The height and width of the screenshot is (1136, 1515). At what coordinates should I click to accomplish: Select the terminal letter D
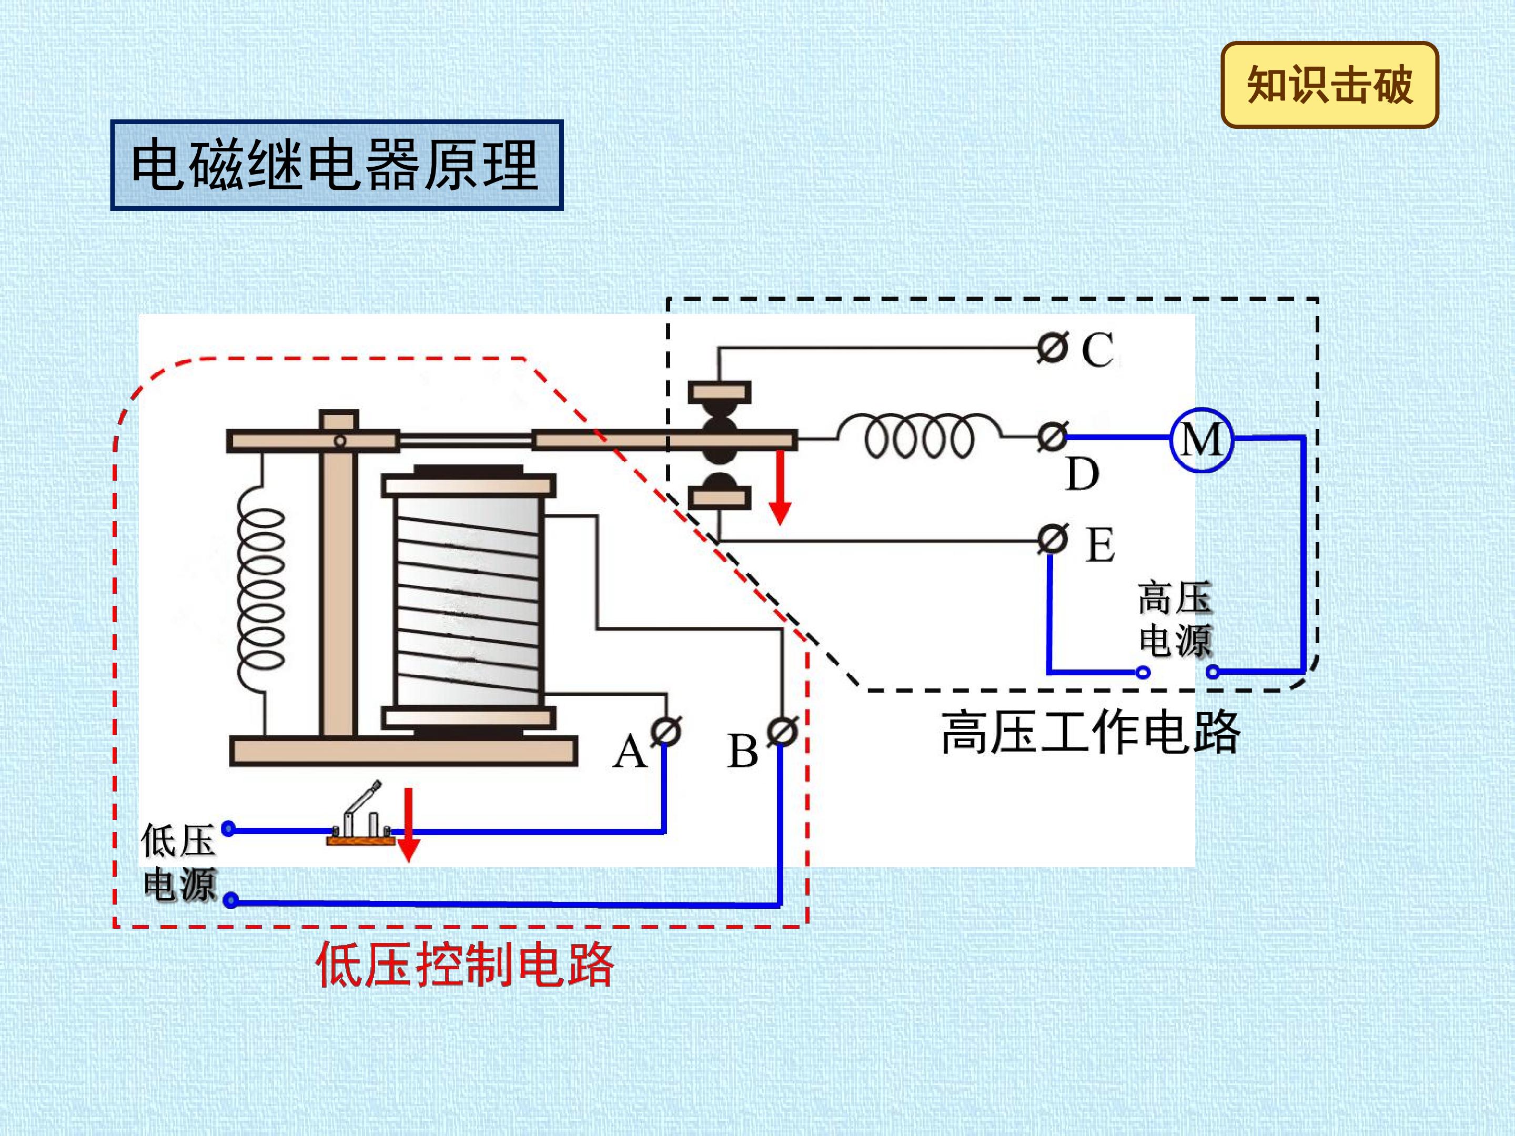[1083, 474]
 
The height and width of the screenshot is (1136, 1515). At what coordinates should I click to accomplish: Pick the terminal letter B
[742, 752]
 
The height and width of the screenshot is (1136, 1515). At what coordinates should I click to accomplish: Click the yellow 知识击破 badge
[1329, 85]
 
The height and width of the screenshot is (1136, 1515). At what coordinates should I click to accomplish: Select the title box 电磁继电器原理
[336, 165]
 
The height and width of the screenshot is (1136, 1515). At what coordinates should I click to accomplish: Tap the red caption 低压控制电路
[464, 965]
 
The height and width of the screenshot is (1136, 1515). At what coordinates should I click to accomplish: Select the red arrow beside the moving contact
[780, 488]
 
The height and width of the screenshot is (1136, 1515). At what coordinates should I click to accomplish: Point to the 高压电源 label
[1175, 620]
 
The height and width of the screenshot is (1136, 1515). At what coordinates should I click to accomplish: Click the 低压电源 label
[179, 862]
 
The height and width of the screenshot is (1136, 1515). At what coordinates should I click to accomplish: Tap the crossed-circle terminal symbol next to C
[1052, 349]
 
